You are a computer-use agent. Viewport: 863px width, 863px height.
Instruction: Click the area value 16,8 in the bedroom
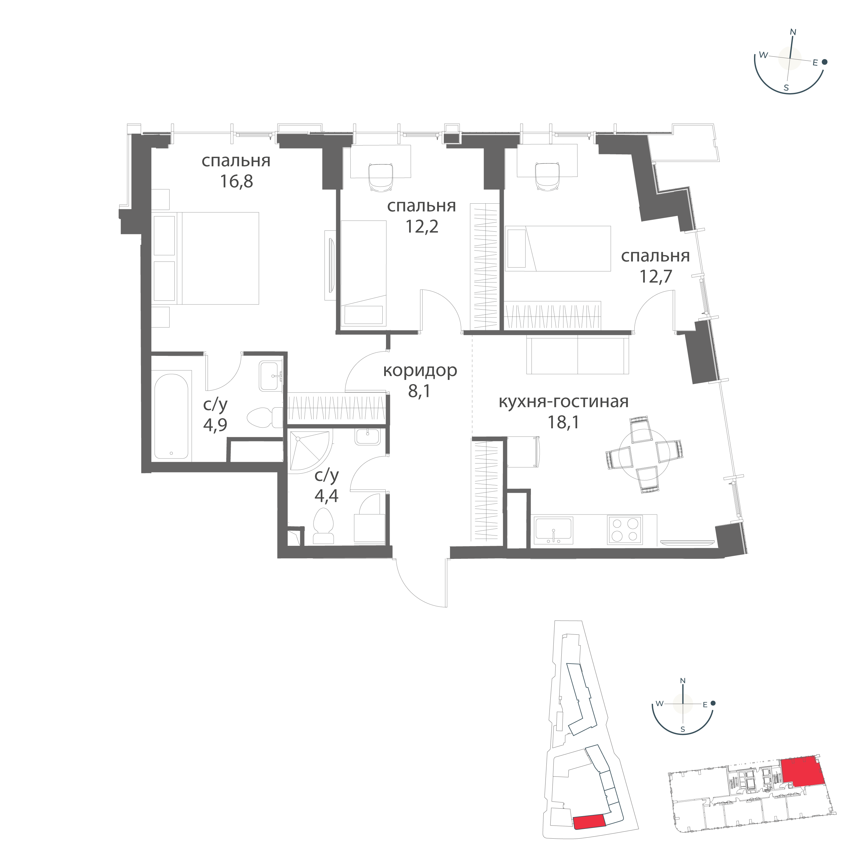[x=236, y=182]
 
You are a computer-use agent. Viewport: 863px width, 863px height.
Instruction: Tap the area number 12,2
[x=422, y=227]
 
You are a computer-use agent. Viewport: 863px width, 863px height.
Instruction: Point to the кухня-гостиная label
[x=563, y=402]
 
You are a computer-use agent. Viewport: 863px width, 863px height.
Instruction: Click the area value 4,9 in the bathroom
[x=215, y=424]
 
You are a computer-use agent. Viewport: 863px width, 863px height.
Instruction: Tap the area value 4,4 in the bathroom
[x=327, y=496]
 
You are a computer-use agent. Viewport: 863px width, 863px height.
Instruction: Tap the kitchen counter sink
[x=553, y=530]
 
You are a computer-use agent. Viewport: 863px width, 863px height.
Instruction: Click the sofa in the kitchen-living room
[x=577, y=355]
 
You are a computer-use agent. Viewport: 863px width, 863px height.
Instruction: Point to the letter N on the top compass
[x=793, y=32]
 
